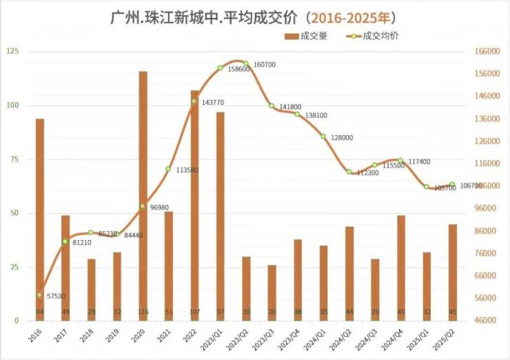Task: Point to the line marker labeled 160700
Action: (x=246, y=63)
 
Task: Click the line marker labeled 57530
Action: (x=40, y=295)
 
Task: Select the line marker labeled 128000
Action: (x=323, y=137)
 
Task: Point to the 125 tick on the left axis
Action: (x=12, y=52)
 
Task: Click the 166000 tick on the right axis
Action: (x=487, y=52)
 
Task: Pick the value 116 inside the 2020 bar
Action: (x=143, y=312)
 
